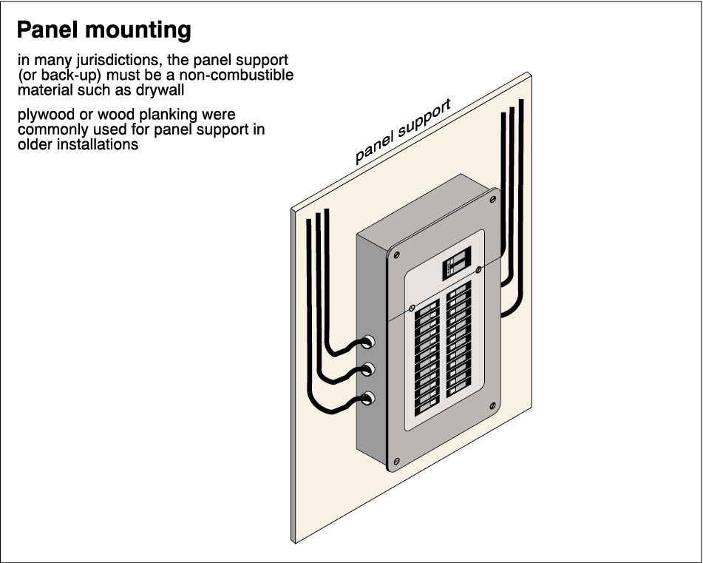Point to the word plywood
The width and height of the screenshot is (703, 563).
(x=44, y=116)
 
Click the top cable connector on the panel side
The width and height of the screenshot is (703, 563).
(x=367, y=343)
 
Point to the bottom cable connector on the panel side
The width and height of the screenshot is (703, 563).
(x=367, y=399)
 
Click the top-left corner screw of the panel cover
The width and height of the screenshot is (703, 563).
(x=397, y=254)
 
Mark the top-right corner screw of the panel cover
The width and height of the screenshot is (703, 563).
(x=492, y=199)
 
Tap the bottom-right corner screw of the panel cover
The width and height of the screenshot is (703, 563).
(x=492, y=406)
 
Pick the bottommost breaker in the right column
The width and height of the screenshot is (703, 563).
(x=458, y=385)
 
